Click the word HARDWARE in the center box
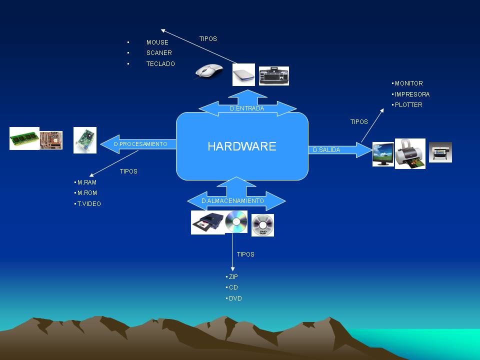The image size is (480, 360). pyautogui.click(x=242, y=146)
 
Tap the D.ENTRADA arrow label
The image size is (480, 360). pyautogui.click(x=247, y=108)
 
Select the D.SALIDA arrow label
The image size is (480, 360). pyautogui.click(x=326, y=149)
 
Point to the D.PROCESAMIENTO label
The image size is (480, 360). pyautogui.click(x=140, y=144)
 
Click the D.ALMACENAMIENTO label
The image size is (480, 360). pyautogui.click(x=232, y=200)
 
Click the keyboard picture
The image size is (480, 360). pyautogui.click(x=273, y=76)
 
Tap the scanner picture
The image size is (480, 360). pyautogui.click(x=243, y=75)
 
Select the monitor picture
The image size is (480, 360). pyautogui.click(x=382, y=154)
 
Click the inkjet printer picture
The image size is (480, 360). pyautogui.click(x=410, y=153)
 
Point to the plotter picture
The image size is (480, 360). pyautogui.click(x=440, y=152)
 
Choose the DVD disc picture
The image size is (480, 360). pyautogui.click(x=262, y=225)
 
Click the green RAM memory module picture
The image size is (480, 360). pyautogui.click(x=24, y=138)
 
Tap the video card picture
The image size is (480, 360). pyautogui.click(x=84, y=139)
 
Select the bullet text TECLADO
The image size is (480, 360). pyautogui.click(x=160, y=64)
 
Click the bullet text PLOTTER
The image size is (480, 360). pyautogui.click(x=408, y=105)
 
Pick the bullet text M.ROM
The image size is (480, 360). pyautogui.click(x=87, y=193)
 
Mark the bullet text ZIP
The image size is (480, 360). pyautogui.click(x=233, y=276)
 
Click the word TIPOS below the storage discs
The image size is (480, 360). pyautogui.click(x=245, y=254)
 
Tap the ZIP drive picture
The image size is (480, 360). pyautogui.click(x=207, y=222)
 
